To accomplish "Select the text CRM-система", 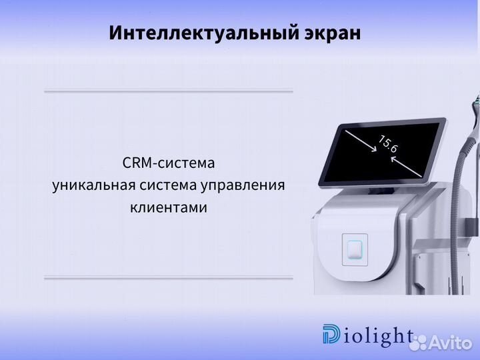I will pyautogui.click(x=169, y=163).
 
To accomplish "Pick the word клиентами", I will pyautogui.click(x=169, y=208).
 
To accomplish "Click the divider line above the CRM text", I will pyautogui.click(x=169, y=91).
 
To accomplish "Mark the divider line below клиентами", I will pyautogui.click(x=169, y=277).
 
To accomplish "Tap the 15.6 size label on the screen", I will pyautogui.click(x=387, y=144).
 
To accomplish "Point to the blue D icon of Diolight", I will pyautogui.click(x=331, y=335).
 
